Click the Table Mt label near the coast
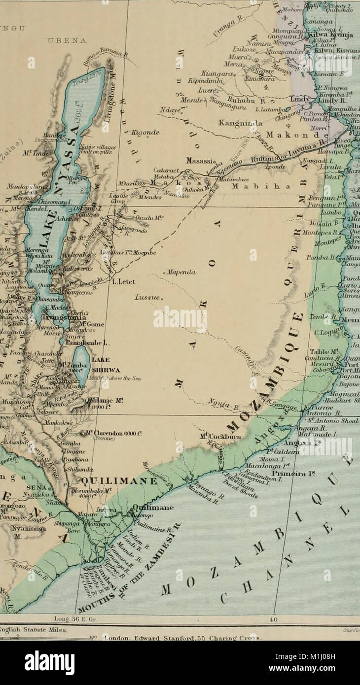tap(324, 352)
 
